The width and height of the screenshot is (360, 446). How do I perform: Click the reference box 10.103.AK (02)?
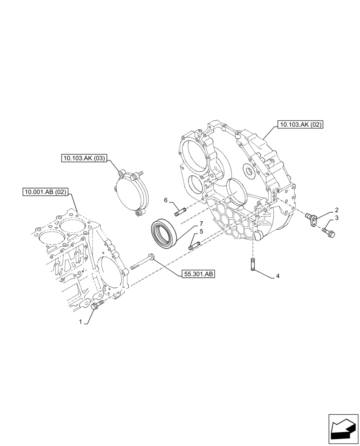(x=299, y=124)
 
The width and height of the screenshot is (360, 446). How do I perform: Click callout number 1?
(x=81, y=322)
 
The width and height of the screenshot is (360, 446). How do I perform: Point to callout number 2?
(x=337, y=210)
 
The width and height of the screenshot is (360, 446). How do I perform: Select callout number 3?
(x=337, y=218)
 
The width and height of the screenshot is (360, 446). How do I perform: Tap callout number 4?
(x=278, y=276)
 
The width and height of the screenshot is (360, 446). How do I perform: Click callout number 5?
(x=201, y=231)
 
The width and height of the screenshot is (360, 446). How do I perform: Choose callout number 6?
(x=166, y=201)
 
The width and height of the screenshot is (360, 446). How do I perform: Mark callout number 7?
(x=201, y=223)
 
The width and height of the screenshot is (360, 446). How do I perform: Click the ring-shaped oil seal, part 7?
(x=165, y=232)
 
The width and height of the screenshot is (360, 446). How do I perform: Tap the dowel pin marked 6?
(x=180, y=211)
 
